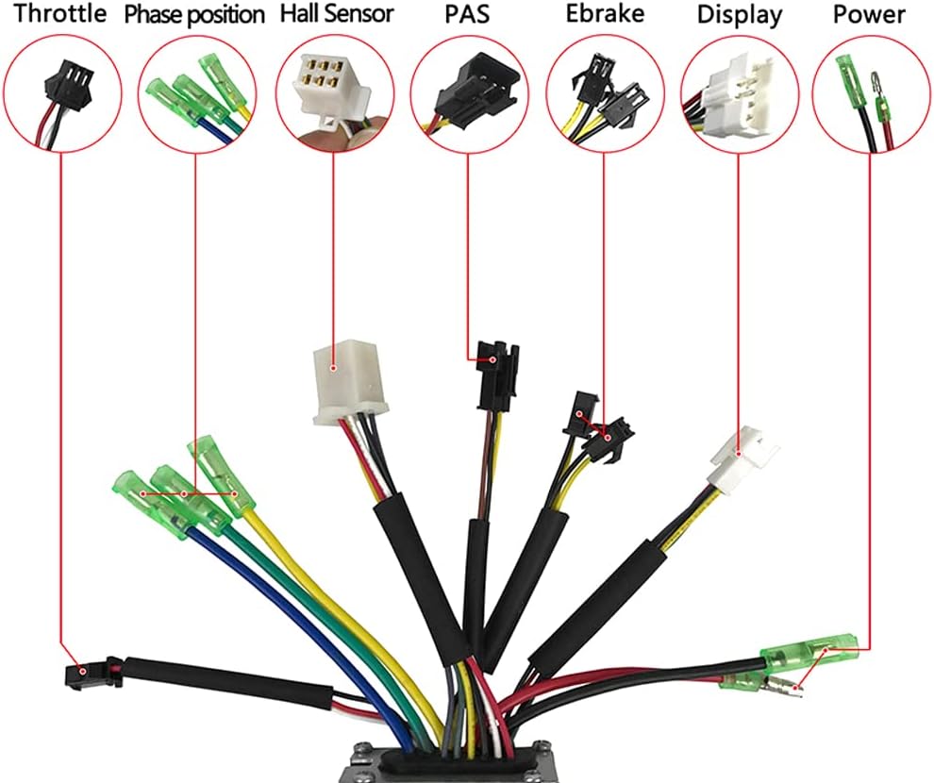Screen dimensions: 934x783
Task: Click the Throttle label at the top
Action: click(x=60, y=13)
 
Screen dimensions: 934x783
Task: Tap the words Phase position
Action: click(x=194, y=15)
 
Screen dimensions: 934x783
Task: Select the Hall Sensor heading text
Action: click(x=337, y=13)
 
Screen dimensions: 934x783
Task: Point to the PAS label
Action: click(x=467, y=14)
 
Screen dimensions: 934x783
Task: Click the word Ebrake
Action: click(x=605, y=13)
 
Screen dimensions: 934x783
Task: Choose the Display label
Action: click(x=740, y=15)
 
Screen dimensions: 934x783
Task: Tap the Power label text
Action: click(x=869, y=14)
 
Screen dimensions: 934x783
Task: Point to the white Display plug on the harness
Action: click(x=743, y=460)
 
